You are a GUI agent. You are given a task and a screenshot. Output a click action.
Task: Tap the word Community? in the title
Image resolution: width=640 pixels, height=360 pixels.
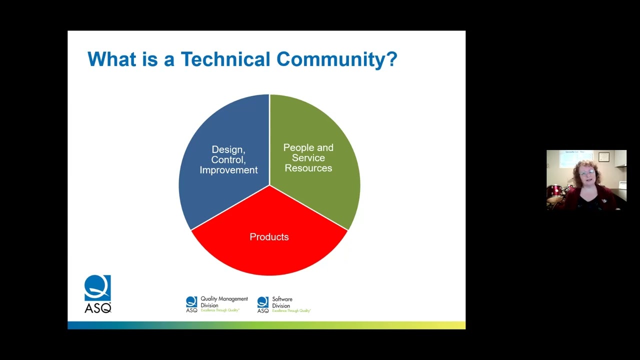[336, 59]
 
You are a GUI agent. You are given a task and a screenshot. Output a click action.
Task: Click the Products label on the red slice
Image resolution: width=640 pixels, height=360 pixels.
[269, 237]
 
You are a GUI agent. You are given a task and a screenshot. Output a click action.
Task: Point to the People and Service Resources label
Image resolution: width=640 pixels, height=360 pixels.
[308, 158]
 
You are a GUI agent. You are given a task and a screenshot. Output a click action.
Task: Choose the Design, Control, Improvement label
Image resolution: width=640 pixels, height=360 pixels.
[228, 160]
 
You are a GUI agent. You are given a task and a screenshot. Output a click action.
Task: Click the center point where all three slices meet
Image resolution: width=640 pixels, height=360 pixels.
[269, 185]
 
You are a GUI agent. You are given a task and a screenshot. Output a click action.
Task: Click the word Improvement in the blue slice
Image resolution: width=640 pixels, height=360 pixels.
[228, 170]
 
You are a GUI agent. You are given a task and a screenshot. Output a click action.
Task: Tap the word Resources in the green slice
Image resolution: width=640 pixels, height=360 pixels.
[308, 168]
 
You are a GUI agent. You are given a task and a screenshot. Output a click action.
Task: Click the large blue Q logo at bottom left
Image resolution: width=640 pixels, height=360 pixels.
[97, 288]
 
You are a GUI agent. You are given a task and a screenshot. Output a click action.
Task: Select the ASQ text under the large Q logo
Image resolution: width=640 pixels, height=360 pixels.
[97, 308]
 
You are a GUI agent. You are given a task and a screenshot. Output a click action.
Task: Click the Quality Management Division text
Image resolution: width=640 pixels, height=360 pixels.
[223, 302]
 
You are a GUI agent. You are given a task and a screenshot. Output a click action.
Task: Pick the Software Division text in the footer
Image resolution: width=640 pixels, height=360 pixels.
[282, 302]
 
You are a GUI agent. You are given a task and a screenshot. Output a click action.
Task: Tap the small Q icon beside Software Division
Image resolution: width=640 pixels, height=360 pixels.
[262, 302]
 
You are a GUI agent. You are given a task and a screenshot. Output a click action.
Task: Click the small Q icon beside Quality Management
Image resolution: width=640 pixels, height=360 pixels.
[191, 301]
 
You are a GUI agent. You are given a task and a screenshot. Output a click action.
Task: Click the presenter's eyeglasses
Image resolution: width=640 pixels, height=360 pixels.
[587, 173]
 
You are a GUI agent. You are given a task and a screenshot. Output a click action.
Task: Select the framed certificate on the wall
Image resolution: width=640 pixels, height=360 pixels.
[604, 156]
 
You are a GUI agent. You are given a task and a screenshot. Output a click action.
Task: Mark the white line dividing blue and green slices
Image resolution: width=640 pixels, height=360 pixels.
[269, 140]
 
